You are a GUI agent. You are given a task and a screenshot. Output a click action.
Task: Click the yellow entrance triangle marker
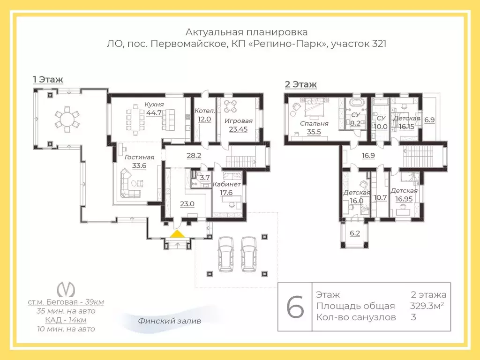click(178, 234)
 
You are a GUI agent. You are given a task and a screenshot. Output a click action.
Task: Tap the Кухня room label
click(154, 105)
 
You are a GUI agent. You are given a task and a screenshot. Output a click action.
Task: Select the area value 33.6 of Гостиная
click(139, 166)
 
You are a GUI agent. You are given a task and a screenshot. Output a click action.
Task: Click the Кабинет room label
click(226, 184)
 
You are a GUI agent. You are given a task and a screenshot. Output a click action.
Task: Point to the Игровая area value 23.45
click(238, 129)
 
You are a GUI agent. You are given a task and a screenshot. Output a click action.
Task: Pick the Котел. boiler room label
click(204, 111)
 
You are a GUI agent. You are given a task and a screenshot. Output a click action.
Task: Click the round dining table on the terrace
click(67, 119)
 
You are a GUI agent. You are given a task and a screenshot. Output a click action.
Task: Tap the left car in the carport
click(225, 254)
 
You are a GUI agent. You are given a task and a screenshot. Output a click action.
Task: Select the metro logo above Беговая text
click(66, 289)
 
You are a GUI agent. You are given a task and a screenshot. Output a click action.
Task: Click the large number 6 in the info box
click(295, 307)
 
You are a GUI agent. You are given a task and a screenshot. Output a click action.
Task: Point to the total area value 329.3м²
click(427, 306)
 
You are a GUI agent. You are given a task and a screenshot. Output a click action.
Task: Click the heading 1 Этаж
click(48, 80)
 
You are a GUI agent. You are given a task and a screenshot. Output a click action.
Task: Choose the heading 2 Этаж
click(300, 84)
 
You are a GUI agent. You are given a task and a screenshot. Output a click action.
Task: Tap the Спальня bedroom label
click(314, 124)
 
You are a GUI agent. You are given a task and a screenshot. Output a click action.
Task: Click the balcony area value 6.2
click(355, 233)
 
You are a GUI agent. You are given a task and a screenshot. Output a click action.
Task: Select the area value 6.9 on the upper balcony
click(429, 120)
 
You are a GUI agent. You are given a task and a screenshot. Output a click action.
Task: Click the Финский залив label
click(169, 321)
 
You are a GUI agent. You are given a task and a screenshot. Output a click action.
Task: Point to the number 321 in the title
click(379, 44)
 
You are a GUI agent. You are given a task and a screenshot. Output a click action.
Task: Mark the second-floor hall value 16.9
click(368, 156)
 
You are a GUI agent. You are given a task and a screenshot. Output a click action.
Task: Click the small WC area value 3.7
click(205, 178)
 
